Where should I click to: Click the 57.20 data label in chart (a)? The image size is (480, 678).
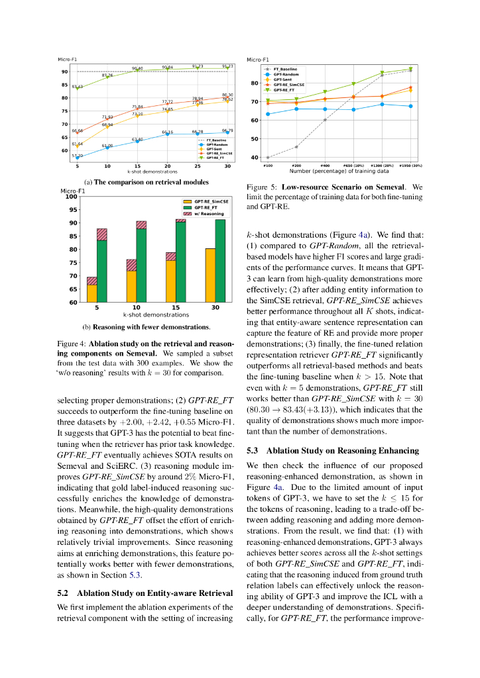77,155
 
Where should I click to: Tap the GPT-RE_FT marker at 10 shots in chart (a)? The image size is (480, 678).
107,79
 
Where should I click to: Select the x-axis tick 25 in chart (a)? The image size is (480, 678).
198,166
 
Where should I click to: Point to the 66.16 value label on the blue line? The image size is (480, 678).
167,132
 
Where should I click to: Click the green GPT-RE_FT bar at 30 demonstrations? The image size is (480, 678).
220,261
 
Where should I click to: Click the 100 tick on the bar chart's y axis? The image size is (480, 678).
72,197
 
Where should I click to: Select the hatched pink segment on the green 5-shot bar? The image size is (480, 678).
102,234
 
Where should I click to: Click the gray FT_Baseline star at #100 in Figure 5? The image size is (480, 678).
268,158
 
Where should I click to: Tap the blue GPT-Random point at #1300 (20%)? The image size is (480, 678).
382,104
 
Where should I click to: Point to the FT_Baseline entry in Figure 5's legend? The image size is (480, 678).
284,69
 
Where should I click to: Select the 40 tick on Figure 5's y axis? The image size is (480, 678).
254,158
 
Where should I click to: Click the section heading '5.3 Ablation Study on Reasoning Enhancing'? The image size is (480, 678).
333,451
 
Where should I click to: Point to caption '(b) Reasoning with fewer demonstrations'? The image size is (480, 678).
146,326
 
